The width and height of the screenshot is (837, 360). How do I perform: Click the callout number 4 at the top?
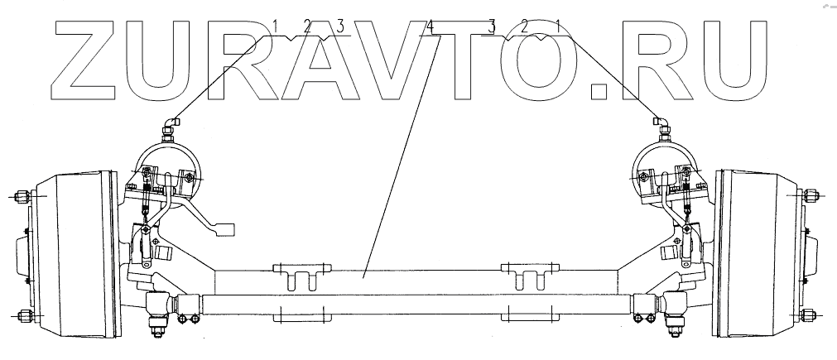pyautogui.click(x=431, y=26)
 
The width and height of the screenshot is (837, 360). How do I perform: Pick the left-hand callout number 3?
pyautogui.click(x=339, y=26)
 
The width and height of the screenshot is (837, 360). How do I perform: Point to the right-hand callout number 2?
pyautogui.click(x=524, y=26)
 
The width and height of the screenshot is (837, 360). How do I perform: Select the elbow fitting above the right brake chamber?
pyautogui.click(x=662, y=122)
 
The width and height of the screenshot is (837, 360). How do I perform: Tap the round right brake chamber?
pyautogui.click(x=667, y=169)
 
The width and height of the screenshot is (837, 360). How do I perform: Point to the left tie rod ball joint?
pyautogui.click(x=157, y=307)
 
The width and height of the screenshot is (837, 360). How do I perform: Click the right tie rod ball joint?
pyautogui.click(x=676, y=307)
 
